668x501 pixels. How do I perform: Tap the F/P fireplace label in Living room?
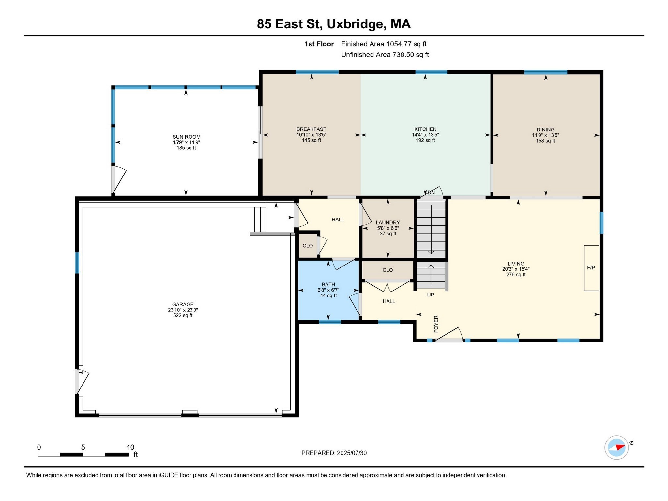tap(591, 268)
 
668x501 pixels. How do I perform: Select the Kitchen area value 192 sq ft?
tap(425, 140)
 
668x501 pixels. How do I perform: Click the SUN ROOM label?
tap(187, 137)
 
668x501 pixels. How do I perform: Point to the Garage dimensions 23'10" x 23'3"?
tap(183, 310)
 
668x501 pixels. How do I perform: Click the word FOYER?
tap(436, 324)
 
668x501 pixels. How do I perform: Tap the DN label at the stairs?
tap(431, 193)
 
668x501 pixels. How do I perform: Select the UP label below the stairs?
tap(431, 295)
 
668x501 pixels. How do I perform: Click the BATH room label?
tap(328, 284)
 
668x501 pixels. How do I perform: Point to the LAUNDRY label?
tap(388, 222)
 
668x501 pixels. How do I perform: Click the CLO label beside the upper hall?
tap(308, 246)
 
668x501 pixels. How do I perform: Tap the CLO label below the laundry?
tap(387, 270)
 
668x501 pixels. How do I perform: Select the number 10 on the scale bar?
tap(130, 447)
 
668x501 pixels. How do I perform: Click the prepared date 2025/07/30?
tap(352, 453)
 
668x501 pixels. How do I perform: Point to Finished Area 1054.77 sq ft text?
tap(384, 44)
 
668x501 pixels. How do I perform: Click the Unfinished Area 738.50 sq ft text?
tap(385, 55)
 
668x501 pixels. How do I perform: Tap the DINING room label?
tap(546, 129)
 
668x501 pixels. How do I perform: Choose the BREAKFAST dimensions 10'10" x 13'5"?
tap(311, 135)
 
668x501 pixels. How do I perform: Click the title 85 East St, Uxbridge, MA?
tap(334, 24)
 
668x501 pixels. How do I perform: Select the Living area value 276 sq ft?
tap(516, 275)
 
